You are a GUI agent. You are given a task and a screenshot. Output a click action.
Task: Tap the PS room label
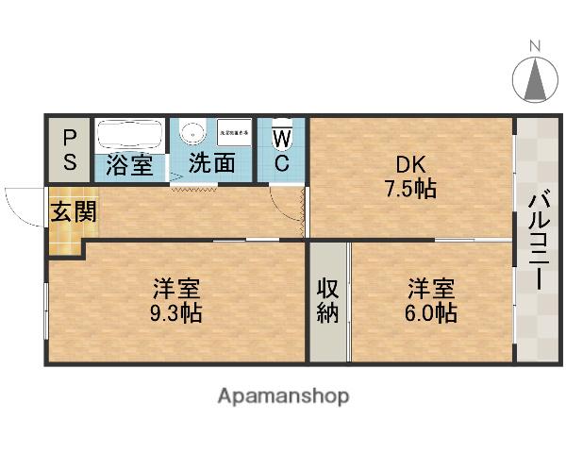click(71, 149)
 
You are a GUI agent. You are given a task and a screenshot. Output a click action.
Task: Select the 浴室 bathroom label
click(129, 163)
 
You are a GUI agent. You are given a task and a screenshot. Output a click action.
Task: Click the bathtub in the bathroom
click(130, 134)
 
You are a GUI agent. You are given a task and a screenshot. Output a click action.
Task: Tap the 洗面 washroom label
click(212, 162)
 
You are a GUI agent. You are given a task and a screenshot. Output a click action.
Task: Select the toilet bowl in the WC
click(282, 138)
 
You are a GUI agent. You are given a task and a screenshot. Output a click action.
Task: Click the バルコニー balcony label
click(536, 241)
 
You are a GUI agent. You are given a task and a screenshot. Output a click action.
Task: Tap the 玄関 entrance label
click(73, 211)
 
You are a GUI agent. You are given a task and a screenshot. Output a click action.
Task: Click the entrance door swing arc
click(21, 200)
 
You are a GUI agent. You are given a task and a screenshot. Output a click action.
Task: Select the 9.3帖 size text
click(177, 311)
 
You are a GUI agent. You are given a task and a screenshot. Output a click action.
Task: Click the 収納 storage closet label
click(327, 300)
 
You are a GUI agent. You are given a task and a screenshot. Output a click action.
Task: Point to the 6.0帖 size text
click(431, 311)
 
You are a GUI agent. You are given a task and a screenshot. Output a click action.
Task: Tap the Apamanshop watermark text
click(283, 396)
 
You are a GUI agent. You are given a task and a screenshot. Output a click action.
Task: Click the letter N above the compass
click(534, 44)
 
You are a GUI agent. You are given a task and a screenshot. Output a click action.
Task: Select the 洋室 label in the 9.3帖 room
click(177, 285)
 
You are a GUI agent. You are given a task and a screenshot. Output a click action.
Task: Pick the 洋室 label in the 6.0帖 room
click(431, 285)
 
